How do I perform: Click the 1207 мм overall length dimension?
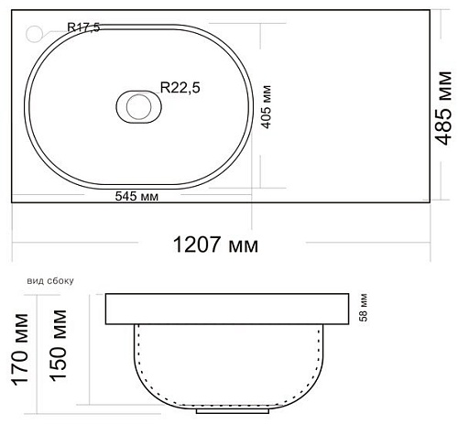click(x=215, y=245)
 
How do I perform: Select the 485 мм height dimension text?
click(x=443, y=108)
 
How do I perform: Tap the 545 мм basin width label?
click(x=136, y=196)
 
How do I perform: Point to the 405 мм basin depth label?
click(x=267, y=107)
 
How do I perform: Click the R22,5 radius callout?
click(x=180, y=88)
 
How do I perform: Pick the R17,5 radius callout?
click(x=83, y=27)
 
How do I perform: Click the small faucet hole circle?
click(x=34, y=34)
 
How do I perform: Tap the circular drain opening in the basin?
click(x=139, y=106)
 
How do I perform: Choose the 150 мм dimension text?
click(x=58, y=345)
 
